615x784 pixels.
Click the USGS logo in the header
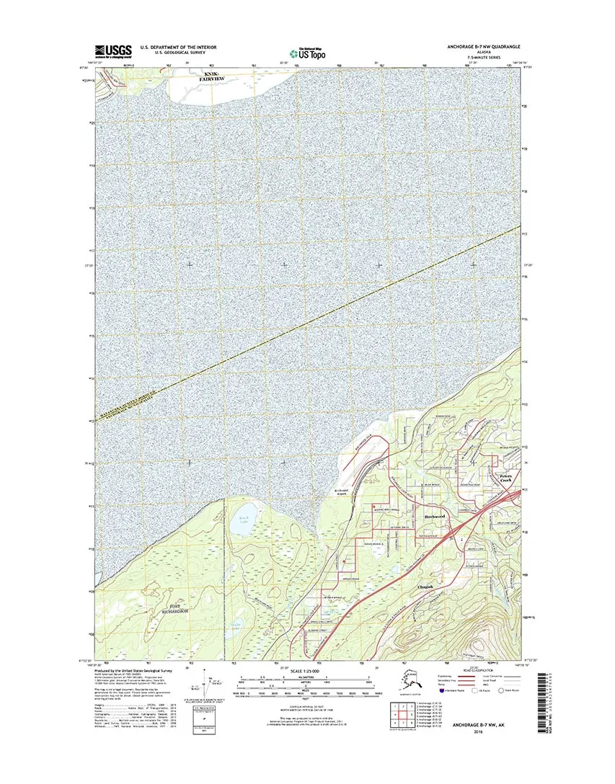113,51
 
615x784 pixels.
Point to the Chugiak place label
427,587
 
